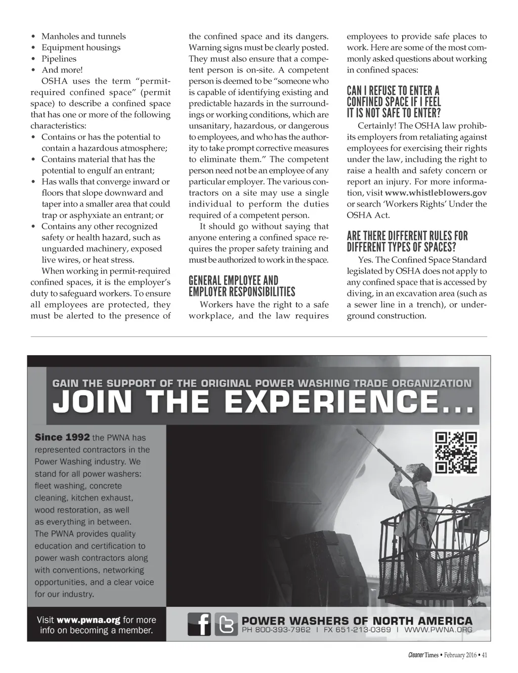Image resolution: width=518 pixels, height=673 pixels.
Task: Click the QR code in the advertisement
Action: [x=456, y=453]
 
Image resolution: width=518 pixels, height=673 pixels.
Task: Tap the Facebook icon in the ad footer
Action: [x=199, y=624]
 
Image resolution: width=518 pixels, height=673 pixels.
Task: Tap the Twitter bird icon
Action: [x=226, y=624]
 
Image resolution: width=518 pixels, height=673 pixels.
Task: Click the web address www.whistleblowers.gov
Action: [x=436, y=193]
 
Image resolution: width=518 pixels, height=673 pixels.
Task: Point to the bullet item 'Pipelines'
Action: [x=59, y=59]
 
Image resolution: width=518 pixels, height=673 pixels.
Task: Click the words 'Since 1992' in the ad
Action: [x=62, y=437]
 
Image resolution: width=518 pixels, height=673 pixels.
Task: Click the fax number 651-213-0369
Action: [x=363, y=630]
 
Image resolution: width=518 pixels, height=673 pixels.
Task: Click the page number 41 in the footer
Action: [x=484, y=656]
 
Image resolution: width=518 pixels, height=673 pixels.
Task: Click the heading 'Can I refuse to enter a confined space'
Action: [x=394, y=102]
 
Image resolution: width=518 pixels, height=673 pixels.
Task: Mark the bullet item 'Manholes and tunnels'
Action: [x=83, y=36]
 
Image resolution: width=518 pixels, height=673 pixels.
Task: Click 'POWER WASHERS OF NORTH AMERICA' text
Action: [x=357, y=620]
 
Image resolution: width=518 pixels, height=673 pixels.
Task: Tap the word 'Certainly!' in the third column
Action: [x=377, y=126]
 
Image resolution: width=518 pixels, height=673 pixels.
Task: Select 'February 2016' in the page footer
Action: [x=461, y=656]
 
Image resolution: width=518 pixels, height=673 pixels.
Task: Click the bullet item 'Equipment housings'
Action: [x=81, y=48]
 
